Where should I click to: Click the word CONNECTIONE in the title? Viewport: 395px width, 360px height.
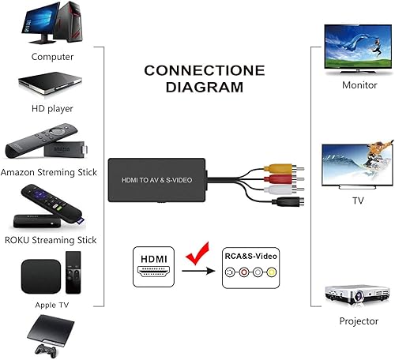coord(194,71)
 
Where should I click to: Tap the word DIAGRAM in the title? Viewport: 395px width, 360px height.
coord(194,87)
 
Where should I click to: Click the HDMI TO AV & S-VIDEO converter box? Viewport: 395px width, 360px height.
coord(159,180)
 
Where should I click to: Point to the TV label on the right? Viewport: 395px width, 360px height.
coord(358,201)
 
